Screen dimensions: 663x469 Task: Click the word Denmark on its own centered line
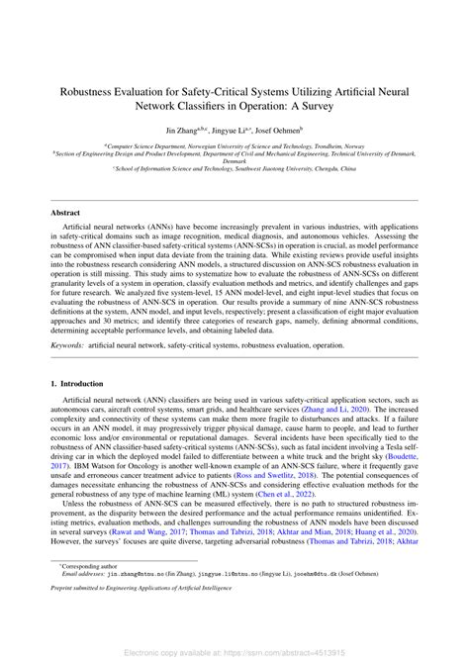pyautogui.click(x=234, y=161)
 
